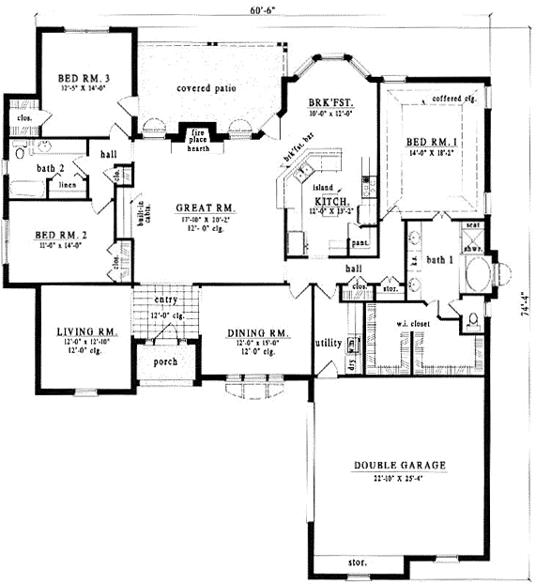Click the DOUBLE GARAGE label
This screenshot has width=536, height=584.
(399, 465)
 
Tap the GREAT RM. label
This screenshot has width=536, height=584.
(205, 207)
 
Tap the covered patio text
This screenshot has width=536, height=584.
(206, 88)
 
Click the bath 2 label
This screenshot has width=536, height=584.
(26, 167)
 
